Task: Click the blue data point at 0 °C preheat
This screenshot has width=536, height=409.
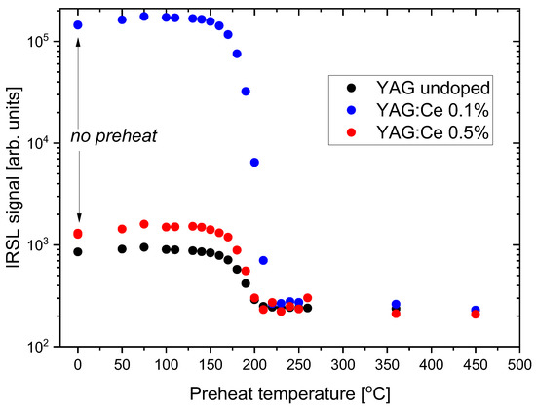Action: (78, 25)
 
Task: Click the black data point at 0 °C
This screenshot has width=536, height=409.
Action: (78, 251)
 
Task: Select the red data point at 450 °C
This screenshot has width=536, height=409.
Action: (475, 314)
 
